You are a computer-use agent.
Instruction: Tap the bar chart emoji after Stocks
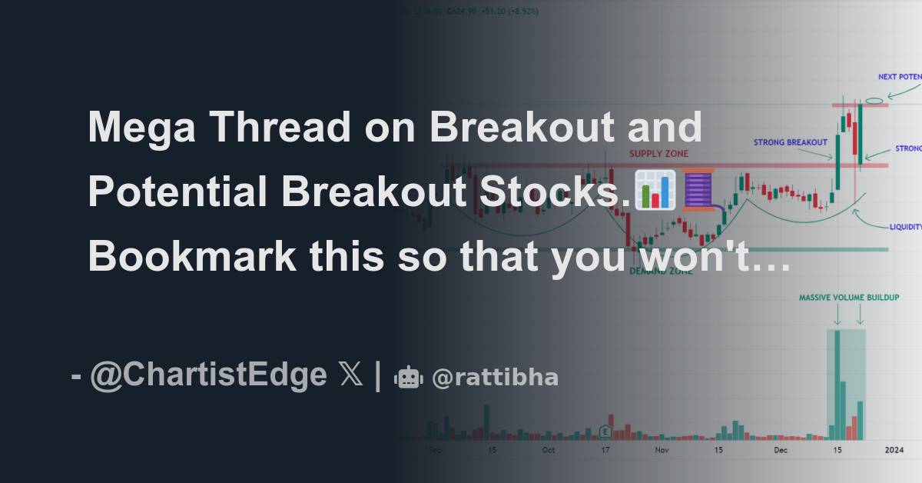pyautogui.click(x=655, y=190)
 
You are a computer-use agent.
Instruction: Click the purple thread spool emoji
pyautogui.click(x=698, y=190)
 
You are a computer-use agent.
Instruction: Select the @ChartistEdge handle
pyautogui.click(x=207, y=375)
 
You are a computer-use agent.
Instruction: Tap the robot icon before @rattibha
pyautogui.click(x=408, y=378)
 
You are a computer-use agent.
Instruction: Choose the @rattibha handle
pyautogui.click(x=495, y=378)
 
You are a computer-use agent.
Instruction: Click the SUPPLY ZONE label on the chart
pyautogui.click(x=658, y=154)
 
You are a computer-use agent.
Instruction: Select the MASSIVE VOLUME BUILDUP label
pyautogui.click(x=848, y=297)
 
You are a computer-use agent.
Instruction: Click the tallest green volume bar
pyautogui.click(x=836, y=385)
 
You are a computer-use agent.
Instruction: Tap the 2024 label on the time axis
pyautogui.click(x=894, y=449)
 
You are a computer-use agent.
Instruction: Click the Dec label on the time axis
pyautogui.click(x=781, y=449)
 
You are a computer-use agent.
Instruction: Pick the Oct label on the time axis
pyautogui.click(x=548, y=449)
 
